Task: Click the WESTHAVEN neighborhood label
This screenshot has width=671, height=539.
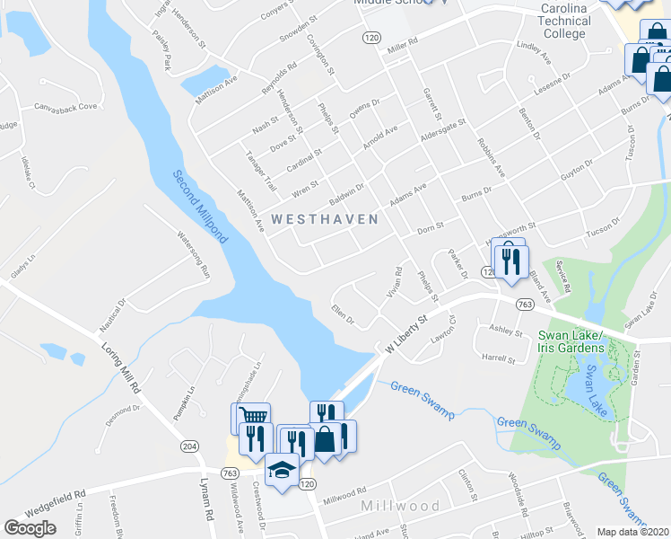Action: [324, 218]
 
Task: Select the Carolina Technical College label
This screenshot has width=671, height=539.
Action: [563, 21]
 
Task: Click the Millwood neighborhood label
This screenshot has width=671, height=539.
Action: [400, 506]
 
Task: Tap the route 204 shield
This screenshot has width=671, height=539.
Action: [189, 446]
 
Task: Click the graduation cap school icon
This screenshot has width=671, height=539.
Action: [282, 470]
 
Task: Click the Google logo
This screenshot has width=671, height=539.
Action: [30, 528]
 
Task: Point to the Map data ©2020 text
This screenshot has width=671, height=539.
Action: [632, 531]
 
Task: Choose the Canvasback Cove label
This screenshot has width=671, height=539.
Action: [65, 107]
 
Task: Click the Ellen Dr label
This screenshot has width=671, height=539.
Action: [344, 316]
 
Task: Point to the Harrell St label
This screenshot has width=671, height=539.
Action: [499, 358]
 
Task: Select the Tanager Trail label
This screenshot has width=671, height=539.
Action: [261, 169]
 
